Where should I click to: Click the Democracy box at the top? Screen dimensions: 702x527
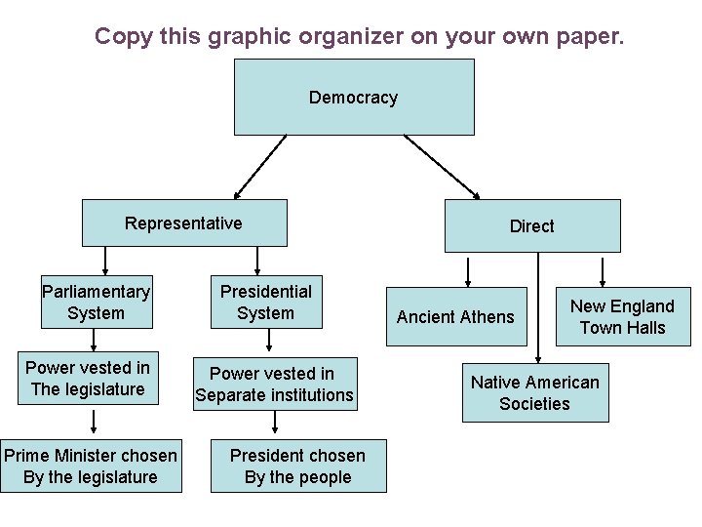pos(354,97)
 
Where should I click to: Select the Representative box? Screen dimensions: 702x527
pos(184,223)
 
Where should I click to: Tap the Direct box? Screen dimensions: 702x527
pos(532,225)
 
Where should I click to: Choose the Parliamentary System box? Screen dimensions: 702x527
pos(97,303)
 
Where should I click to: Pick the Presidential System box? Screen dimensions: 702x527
pos(265,303)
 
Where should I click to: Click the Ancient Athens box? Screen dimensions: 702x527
pos(455,316)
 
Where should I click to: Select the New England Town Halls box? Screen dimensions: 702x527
pos(622,316)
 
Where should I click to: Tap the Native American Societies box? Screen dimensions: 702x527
pos(535,392)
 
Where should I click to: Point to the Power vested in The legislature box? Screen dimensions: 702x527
pos(88,379)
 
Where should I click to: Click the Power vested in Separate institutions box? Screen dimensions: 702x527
pos(274,384)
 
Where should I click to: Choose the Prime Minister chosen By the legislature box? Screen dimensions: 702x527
pos(91,466)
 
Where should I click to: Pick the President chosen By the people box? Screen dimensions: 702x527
pos(297,466)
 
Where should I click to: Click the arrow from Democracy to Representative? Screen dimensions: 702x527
pos(260,166)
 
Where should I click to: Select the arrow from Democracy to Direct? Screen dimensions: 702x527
pos(441,166)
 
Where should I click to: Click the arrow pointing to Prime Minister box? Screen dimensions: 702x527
pos(95,422)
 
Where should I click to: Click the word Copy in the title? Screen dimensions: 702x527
pos(121,37)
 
